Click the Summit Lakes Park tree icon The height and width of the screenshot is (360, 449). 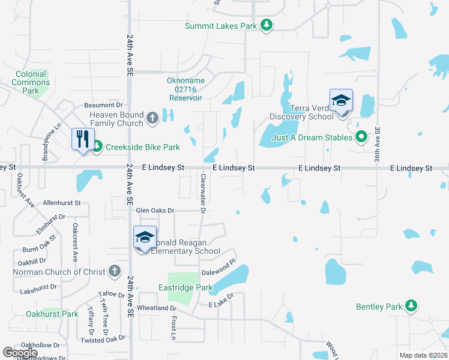(267, 25)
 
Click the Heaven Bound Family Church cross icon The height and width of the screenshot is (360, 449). (152, 118)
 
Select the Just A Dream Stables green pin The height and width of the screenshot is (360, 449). (361, 137)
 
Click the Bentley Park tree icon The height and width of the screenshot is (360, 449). (411, 307)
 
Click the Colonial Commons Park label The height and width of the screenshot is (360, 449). (31, 83)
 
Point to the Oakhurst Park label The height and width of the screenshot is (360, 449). (52, 314)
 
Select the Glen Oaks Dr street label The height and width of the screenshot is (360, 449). (155, 211)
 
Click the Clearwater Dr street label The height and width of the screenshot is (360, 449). (203, 193)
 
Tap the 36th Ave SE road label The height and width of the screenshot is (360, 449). (378, 144)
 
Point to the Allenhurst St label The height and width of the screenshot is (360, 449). (62, 203)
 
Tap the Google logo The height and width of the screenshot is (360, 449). (19, 353)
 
